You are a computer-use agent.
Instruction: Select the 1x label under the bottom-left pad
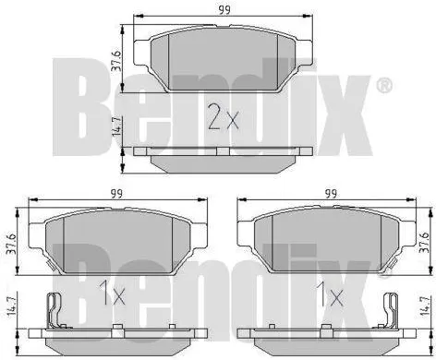click(113, 297)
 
